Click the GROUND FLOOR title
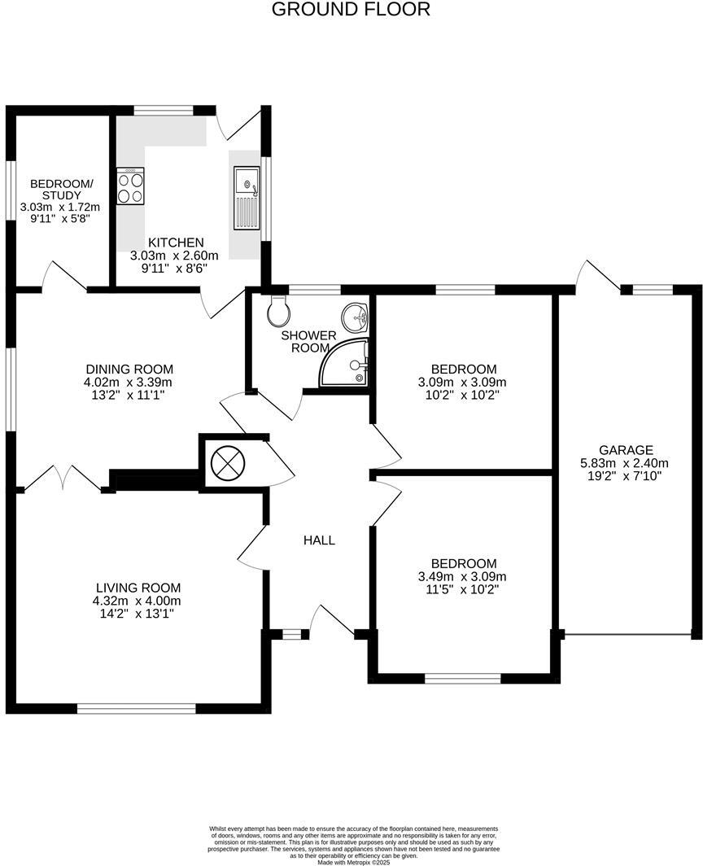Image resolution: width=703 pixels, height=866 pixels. coord(351,10)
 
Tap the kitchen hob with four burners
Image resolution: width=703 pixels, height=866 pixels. coord(130,186)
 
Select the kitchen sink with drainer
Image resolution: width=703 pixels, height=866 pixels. coord(246,196)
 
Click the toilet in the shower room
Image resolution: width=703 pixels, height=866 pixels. coord(277,309)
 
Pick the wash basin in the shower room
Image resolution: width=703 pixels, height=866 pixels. coord(356,315)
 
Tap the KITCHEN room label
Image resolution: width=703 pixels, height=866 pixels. coord(175,243)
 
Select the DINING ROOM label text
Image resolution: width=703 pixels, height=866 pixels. coord(129,369)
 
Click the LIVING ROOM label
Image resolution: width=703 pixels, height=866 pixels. coord(138,588)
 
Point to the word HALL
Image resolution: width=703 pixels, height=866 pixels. coord(319,540)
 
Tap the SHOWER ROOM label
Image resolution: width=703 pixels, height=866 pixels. coord(308,342)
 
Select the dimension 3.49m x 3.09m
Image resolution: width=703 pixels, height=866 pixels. coord(463,577)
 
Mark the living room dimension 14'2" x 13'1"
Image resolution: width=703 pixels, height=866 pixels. coord(138,615)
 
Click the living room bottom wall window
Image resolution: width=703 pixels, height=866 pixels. coord(137,708)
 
